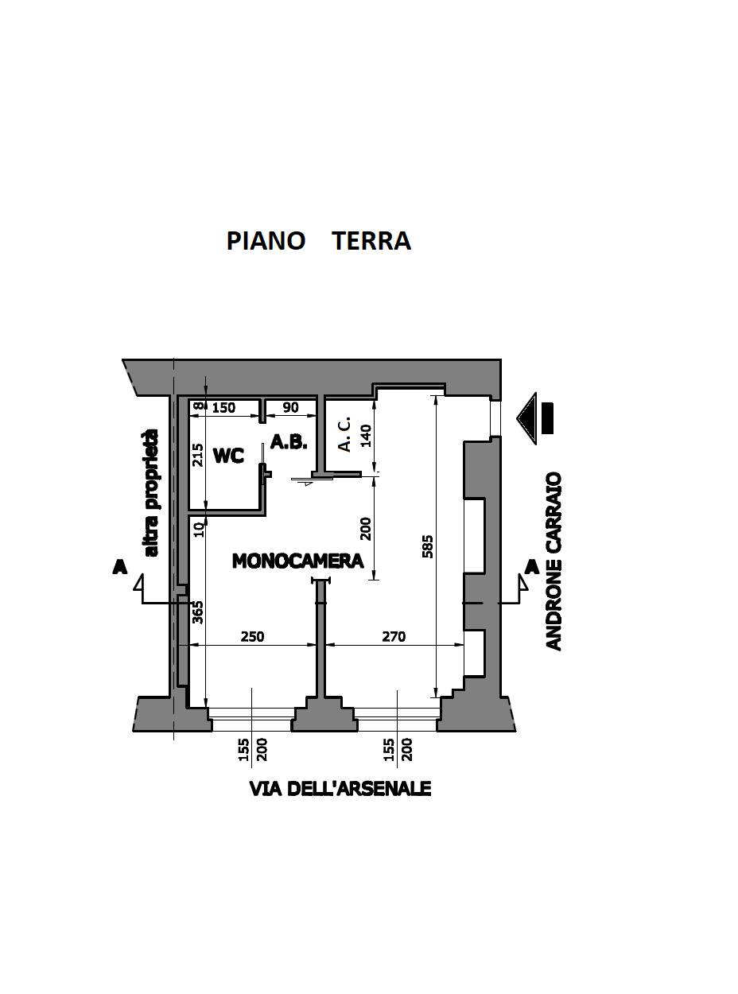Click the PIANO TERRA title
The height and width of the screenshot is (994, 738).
click(x=319, y=241)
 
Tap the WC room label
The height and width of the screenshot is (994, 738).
click(x=229, y=456)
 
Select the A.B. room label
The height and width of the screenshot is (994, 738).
click(x=289, y=442)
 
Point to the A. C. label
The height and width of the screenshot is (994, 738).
click(x=344, y=434)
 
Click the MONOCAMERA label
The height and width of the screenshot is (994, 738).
click(x=297, y=561)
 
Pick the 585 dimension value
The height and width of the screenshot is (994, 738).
click(x=428, y=546)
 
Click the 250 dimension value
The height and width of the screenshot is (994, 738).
click(x=252, y=636)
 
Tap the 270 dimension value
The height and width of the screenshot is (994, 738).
click(x=394, y=636)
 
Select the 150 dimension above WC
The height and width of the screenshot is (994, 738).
click(x=223, y=408)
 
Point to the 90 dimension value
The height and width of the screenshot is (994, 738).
click(x=291, y=407)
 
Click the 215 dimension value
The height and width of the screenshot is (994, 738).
click(x=197, y=455)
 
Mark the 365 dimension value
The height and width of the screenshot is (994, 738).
click(x=197, y=612)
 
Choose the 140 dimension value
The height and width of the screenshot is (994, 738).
click(x=366, y=436)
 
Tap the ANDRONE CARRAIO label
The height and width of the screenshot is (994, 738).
click(x=554, y=561)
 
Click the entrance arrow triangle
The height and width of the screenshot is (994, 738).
click(x=526, y=418)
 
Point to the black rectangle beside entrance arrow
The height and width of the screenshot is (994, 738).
click(x=547, y=418)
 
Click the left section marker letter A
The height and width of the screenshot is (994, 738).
click(x=120, y=566)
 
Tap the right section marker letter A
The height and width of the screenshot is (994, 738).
click(x=532, y=567)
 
